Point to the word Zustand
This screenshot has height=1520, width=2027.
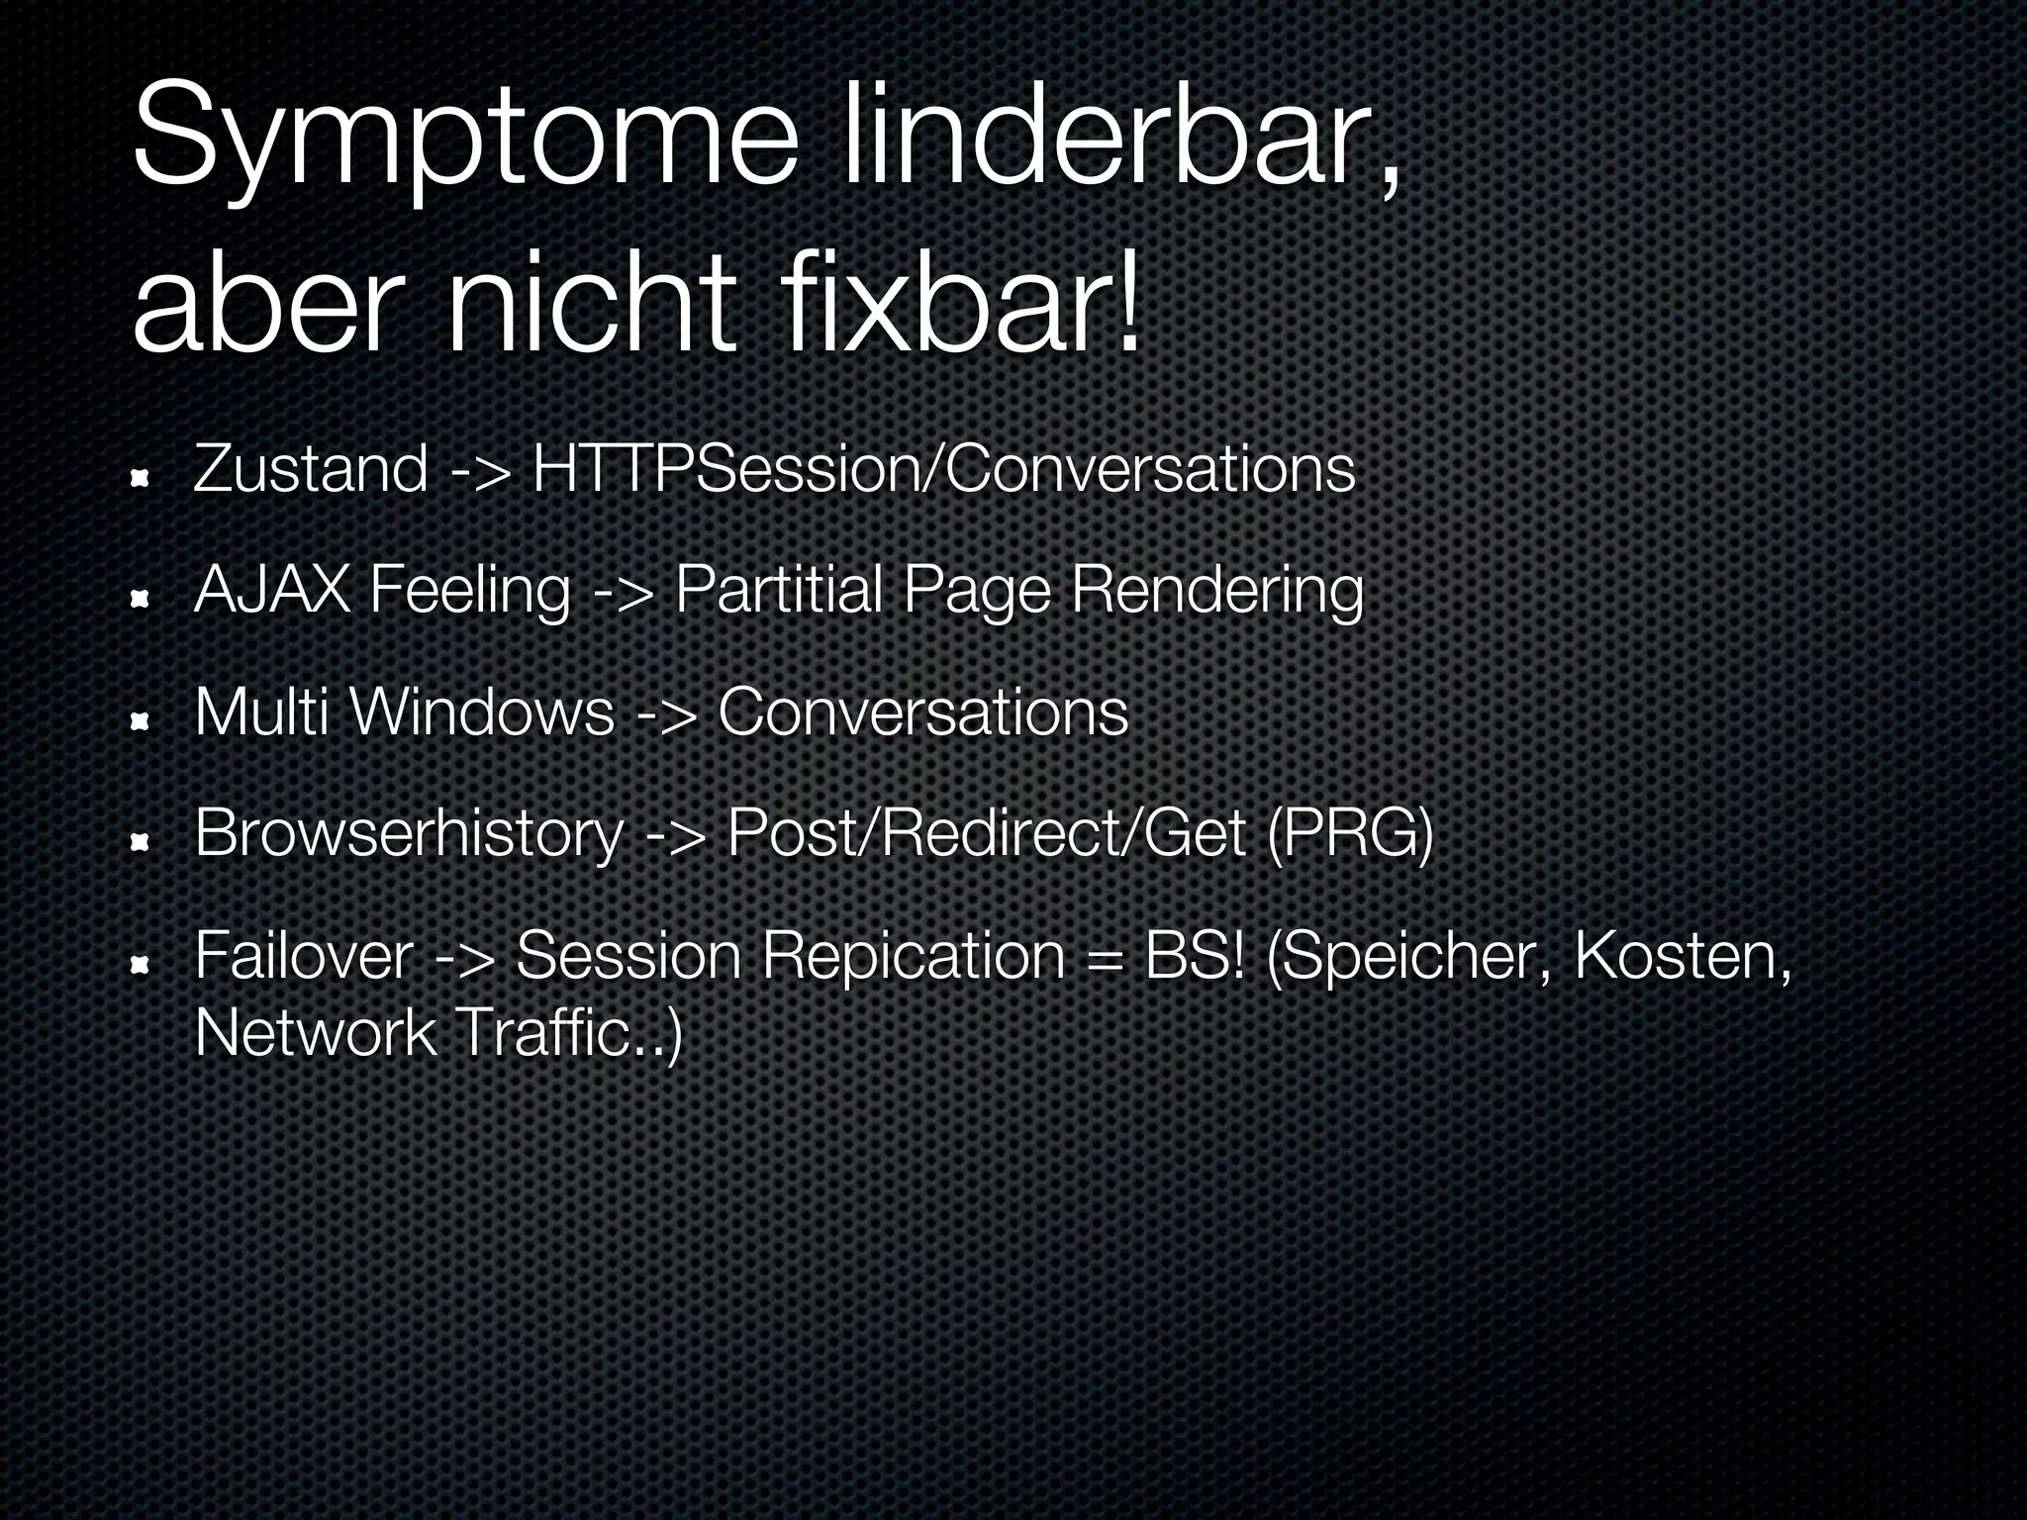[311, 469]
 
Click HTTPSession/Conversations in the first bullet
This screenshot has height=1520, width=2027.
[943, 469]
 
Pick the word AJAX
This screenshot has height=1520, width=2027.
[272, 591]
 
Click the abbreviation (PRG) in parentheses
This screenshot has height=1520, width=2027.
[1349, 834]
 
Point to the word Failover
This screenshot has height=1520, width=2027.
[303, 956]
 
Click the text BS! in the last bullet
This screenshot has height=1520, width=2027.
[1193, 956]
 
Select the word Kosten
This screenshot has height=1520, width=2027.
[1682, 956]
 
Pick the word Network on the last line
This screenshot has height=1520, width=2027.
[315, 1033]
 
